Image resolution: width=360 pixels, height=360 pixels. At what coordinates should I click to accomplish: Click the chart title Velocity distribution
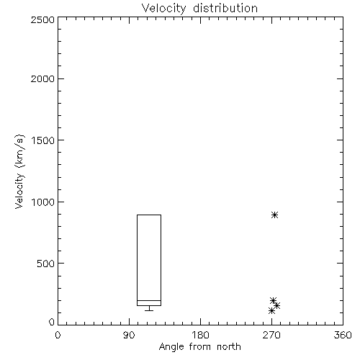coord(199,9)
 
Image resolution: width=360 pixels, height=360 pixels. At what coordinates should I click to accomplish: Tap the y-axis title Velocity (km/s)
coord(19,171)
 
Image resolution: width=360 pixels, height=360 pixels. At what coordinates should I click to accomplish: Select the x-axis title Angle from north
coord(199,347)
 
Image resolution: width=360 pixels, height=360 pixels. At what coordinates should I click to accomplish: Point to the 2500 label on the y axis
coord(42,19)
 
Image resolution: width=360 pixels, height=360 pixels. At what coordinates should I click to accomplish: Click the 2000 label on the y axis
coord(42,78)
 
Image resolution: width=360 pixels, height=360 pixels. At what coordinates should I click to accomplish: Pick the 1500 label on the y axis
coord(43,140)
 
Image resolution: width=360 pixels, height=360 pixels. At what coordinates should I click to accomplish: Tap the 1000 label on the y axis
coord(43,202)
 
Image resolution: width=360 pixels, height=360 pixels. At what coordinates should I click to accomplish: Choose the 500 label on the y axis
coord(45,264)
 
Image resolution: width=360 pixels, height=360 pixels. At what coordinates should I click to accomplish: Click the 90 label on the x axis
coord(129,335)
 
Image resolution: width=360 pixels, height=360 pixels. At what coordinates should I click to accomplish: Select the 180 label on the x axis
coord(200,335)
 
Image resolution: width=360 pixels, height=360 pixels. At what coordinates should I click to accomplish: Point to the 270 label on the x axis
coord(271,335)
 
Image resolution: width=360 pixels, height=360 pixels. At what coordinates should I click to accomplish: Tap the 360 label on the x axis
coord(343,335)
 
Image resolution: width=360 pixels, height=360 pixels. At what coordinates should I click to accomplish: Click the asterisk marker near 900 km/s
coord(275,215)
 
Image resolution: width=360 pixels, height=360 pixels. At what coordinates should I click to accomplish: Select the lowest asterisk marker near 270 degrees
coord(271,311)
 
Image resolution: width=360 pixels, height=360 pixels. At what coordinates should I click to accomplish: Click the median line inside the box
coord(149,300)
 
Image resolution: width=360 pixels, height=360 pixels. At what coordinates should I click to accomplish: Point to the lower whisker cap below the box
coord(149,310)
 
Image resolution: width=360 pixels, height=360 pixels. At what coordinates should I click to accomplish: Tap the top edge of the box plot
coord(149,215)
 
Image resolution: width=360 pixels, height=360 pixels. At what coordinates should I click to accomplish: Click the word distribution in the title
coord(225,9)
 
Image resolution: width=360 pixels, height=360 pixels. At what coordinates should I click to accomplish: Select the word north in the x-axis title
coord(229,347)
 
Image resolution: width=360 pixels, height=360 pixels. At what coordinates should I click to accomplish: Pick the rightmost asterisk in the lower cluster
coord(277,305)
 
